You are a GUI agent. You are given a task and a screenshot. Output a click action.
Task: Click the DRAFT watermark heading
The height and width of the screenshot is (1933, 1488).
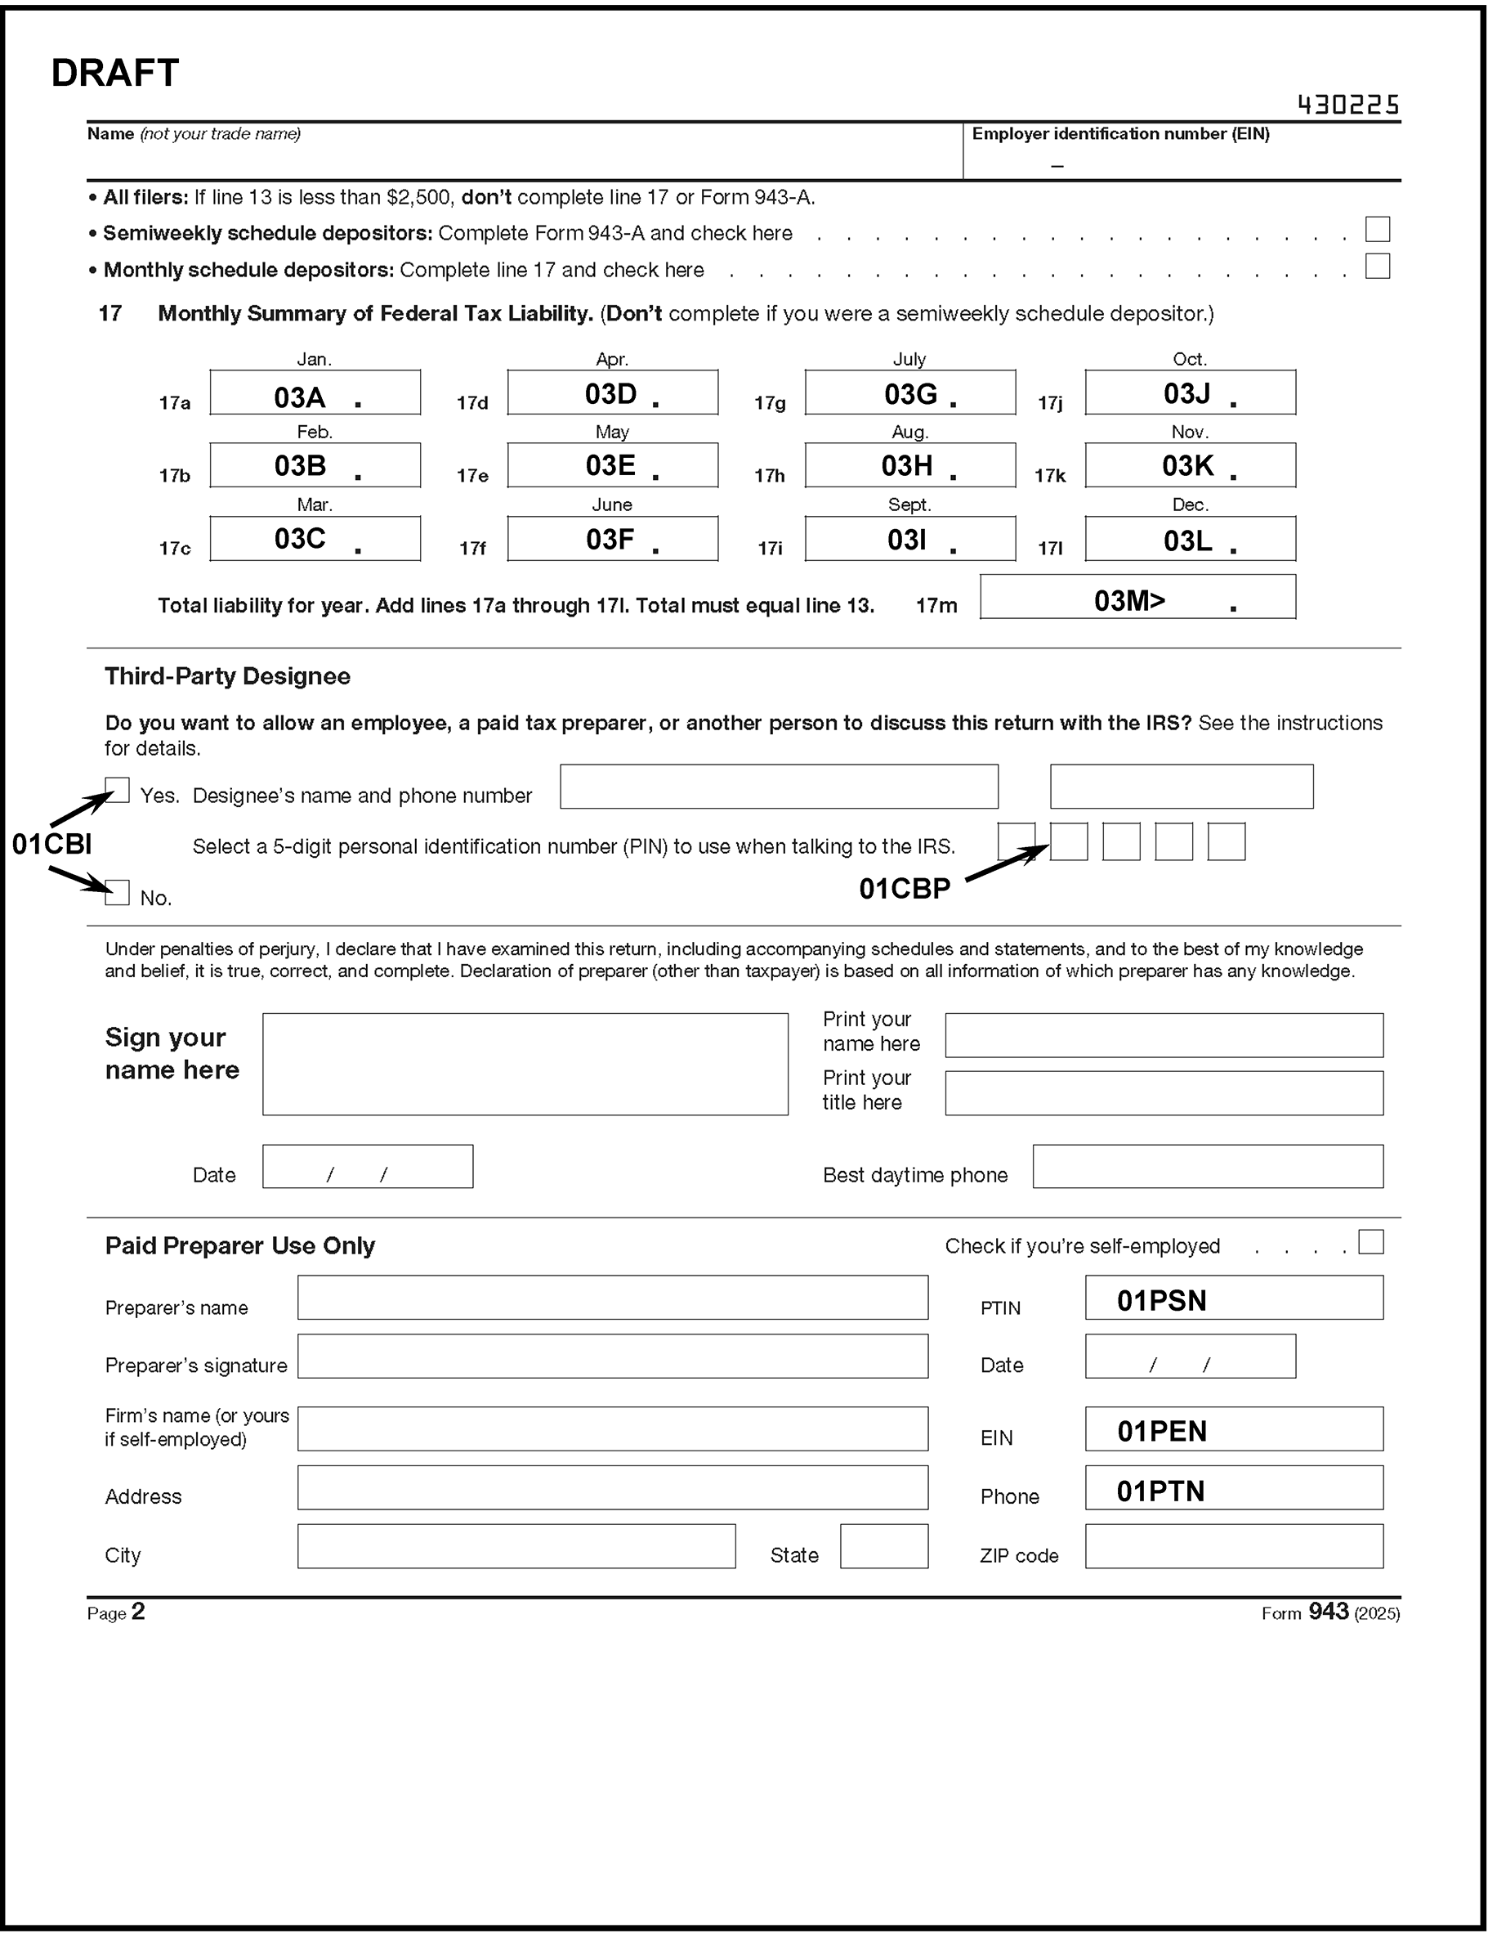[x=115, y=73]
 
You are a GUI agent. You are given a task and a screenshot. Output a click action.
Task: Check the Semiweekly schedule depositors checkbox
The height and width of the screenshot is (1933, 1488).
[x=1377, y=229]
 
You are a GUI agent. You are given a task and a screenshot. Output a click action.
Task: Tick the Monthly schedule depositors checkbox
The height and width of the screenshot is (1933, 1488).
[x=1377, y=266]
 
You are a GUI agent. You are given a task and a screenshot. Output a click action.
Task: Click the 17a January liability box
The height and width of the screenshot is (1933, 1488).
[x=315, y=392]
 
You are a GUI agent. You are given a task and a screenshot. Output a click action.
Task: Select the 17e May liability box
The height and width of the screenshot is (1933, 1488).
[x=612, y=464]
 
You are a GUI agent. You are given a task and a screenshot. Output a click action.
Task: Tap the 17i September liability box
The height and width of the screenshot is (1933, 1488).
[x=909, y=538]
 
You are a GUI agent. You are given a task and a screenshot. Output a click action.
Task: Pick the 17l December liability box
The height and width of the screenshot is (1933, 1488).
[x=1190, y=538]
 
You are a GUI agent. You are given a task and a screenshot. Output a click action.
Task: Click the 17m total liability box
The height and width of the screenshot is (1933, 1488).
[x=1137, y=597]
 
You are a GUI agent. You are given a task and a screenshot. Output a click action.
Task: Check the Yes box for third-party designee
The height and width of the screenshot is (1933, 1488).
[x=118, y=790]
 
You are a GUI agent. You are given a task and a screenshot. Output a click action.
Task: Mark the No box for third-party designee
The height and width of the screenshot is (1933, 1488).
[x=118, y=892]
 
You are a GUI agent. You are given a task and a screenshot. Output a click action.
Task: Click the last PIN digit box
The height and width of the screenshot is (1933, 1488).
[x=1227, y=841]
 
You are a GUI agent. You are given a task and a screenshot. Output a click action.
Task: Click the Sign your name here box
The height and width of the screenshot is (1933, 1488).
[x=525, y=1064]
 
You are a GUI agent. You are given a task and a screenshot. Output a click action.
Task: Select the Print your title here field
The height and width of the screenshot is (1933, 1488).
[x=1164, y=1093]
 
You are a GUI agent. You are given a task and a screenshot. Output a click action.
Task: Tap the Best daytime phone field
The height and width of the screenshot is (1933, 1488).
[x=1208, y=1167]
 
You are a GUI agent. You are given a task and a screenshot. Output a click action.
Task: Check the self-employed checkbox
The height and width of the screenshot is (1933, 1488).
[x=1370, y=1242]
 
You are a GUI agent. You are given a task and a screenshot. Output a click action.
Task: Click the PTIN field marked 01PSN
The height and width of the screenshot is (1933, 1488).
[x=1233, y=1298]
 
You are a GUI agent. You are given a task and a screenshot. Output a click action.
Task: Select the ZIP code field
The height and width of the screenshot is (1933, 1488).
[x=1233, y=1546]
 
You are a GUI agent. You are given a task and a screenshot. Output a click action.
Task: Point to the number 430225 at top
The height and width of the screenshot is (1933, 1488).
[x=1347, y=105]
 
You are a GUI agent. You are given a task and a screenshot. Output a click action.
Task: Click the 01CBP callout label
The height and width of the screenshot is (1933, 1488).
[x=904, y=889]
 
